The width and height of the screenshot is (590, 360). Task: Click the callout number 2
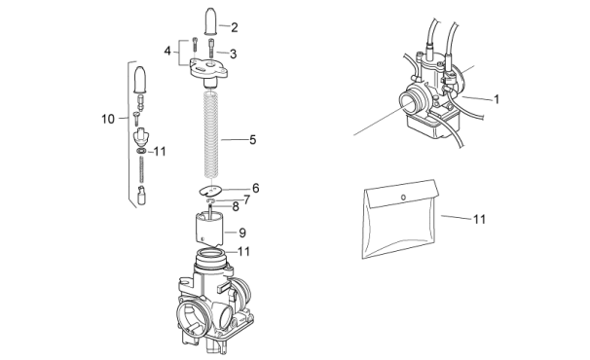tap(235, 27)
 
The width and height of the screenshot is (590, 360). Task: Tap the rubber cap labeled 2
tap(210, 21)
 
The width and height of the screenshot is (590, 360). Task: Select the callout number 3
tap(234, 54)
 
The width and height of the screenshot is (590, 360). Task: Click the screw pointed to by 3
tap(211, 49)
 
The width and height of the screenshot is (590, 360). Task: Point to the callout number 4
tap(167, 51)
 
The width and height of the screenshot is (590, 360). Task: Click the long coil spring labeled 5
tap(211, 134)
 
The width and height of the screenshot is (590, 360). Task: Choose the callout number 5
tap(253, 140)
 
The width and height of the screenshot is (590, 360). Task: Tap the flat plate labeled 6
tap(210, 191)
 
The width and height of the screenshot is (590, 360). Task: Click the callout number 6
tap(256, 188)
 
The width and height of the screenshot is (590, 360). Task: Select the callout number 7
tap(247, 199)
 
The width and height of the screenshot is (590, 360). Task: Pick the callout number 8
tap(236, 206)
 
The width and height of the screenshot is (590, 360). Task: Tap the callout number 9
tap(242, 233)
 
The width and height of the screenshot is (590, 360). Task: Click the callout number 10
tap(108, 119)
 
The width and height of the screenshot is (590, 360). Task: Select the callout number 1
tap(497, 99)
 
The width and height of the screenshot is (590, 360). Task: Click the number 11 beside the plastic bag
tap(479, 219)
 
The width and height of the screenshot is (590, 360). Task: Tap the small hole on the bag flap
tap(403, 198)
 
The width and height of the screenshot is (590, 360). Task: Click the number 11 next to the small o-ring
tap(160, 152)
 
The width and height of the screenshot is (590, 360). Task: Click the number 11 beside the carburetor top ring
tap(243, 251)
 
